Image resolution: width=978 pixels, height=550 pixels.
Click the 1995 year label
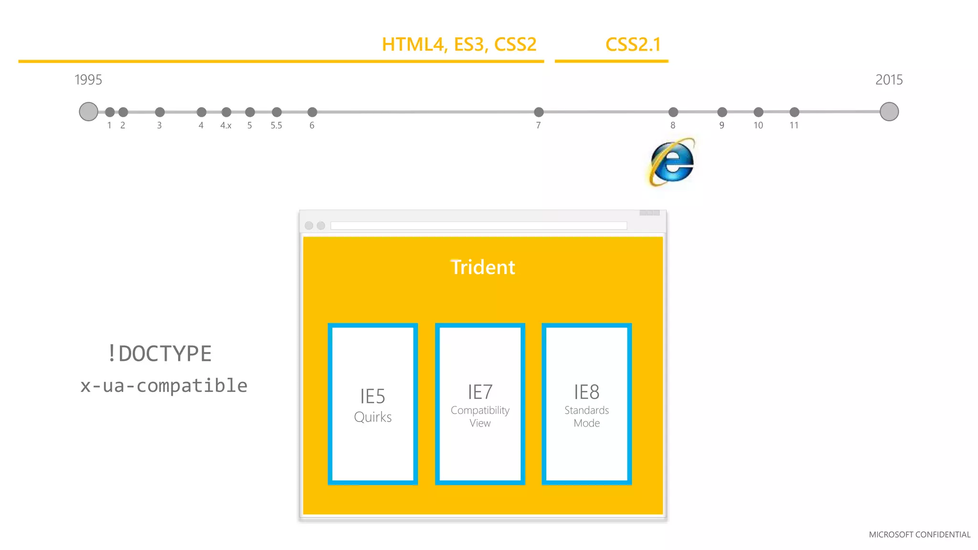point(88,80)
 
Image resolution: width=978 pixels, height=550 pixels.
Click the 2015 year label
point(889,80)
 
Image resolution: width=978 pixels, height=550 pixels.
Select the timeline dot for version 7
point(539,112)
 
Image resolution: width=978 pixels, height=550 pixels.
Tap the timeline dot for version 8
point(673,112)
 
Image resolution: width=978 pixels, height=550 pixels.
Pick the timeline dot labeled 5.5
point(276,112)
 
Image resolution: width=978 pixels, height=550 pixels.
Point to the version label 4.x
point(226,126)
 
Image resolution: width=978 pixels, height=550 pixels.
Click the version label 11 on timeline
point(794,126)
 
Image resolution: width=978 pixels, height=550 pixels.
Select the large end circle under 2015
point(889,112)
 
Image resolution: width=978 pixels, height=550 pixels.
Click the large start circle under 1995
point(88,112)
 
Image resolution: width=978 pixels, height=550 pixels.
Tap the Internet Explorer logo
point(672,162)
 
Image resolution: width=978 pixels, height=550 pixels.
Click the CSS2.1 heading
point(633,44)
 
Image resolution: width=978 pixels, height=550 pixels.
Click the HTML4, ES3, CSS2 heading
point(459,44)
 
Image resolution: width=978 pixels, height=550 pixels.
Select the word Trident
point(483,267)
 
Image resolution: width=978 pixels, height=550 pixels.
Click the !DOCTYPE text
point(159,354)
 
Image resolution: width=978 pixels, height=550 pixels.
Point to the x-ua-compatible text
point(164,386)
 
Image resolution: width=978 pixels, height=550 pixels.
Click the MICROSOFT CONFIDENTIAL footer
point(919,535)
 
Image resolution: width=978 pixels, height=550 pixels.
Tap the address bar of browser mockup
point(478,225)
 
